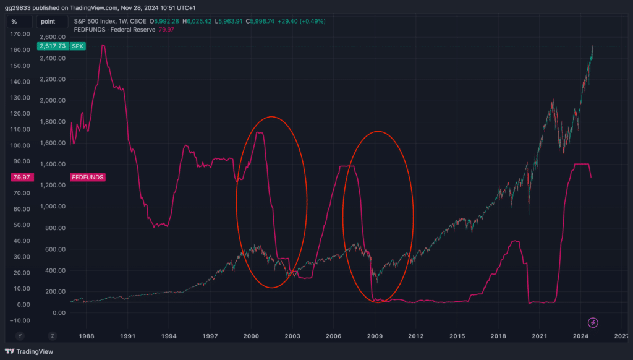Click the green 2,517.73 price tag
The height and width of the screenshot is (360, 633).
tap(53, 46)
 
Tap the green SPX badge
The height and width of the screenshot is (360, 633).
tap(77, 46)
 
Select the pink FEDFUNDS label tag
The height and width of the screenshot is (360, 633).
tap(88, 178)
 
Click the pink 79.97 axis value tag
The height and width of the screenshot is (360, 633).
tap(22, 178)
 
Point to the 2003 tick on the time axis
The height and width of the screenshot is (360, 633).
tap(292, 336)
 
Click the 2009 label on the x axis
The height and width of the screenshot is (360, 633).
tap(375, 336)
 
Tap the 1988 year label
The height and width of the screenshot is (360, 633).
tap(87, 336)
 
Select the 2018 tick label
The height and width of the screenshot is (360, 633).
tap(498, 336)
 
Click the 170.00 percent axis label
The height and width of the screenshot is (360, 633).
tap(20, 34)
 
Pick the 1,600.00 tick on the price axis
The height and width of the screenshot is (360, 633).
tap(53, 143)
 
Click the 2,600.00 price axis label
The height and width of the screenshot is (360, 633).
tap(53, 37)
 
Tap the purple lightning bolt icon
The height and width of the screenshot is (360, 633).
tap(593, 322)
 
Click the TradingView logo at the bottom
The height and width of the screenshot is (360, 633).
tap(29, 351)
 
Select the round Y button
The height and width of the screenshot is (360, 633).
tap(20, 336)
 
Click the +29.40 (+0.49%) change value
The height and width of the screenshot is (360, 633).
tap(302, 21)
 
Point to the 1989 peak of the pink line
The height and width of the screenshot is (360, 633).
tap(103, 45)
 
